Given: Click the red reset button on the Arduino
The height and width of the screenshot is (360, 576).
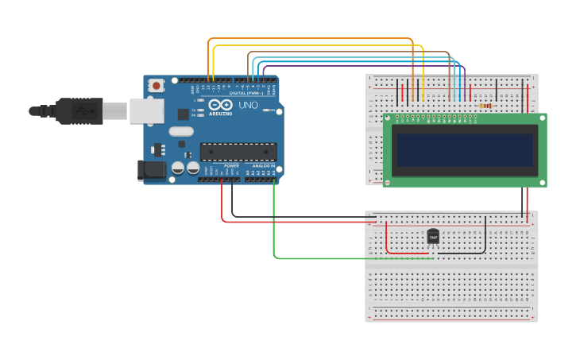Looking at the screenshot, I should (x=157, y=85).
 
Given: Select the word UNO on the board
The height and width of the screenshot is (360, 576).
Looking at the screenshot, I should (x=248, y=105).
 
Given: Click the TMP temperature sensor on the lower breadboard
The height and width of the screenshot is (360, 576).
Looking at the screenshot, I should (x=433, y=236).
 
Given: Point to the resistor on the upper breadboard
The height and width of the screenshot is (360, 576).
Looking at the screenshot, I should (x=485, y=105).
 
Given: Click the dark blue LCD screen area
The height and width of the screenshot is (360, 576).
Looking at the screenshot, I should (x=465, y=150).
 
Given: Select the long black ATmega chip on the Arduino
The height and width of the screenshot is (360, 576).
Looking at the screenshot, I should (x=238, y=152).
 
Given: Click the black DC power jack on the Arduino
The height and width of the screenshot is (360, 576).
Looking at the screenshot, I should (x=152, y=170).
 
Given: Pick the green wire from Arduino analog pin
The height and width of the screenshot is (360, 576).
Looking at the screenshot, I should (x=274, y=223).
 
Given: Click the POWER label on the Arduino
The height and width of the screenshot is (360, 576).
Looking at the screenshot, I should (x=231, y=166).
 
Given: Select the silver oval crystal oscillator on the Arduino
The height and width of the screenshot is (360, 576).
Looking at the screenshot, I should (x=181, y=131).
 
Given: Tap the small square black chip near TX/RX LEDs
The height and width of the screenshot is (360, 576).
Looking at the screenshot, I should (x=183, y=114).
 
